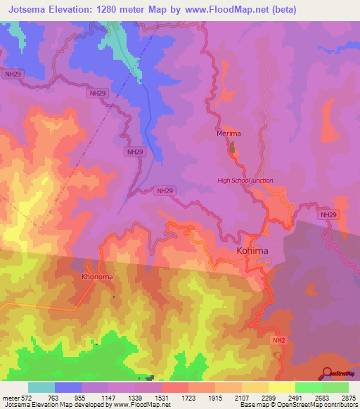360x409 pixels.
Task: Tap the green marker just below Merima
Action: coord(231,147)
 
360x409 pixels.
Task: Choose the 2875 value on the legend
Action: coord(349,398)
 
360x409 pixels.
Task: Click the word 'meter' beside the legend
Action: coord(8,398)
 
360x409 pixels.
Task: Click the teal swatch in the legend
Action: coord(41,387)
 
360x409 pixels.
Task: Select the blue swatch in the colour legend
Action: coord(68,387)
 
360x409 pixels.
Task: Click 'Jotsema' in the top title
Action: coord(30,10)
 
